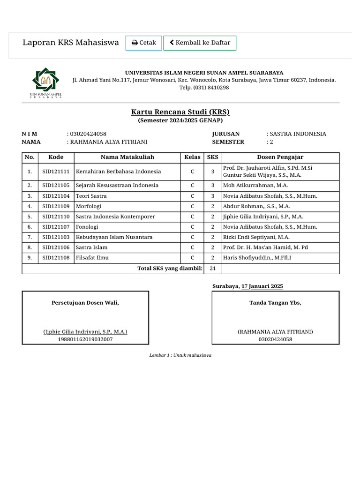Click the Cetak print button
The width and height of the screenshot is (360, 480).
click(143, 43)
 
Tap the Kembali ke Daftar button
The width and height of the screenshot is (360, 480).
click(200, 43)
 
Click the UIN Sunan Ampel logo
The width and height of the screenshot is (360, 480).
click(46, 83)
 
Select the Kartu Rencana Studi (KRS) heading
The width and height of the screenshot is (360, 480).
click(180, 112)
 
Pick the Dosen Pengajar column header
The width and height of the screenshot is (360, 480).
click(280, 157)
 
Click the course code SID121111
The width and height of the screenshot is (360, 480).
click(56, 172)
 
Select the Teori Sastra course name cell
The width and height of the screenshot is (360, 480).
click(91, 196)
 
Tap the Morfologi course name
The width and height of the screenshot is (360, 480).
click(89, 206)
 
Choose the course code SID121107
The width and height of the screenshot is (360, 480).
click(56, 227)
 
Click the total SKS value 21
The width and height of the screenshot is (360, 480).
click(213, 269)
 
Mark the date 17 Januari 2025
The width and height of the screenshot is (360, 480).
click(262, 286)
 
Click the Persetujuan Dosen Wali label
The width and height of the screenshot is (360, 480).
click(85, 303)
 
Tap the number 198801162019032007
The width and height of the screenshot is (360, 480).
click(85, 339)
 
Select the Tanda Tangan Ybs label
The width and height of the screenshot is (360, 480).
click(275, 303)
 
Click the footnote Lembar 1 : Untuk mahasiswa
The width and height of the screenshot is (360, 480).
click(180, 355)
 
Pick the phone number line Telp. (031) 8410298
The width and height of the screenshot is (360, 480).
click(204, 88)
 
